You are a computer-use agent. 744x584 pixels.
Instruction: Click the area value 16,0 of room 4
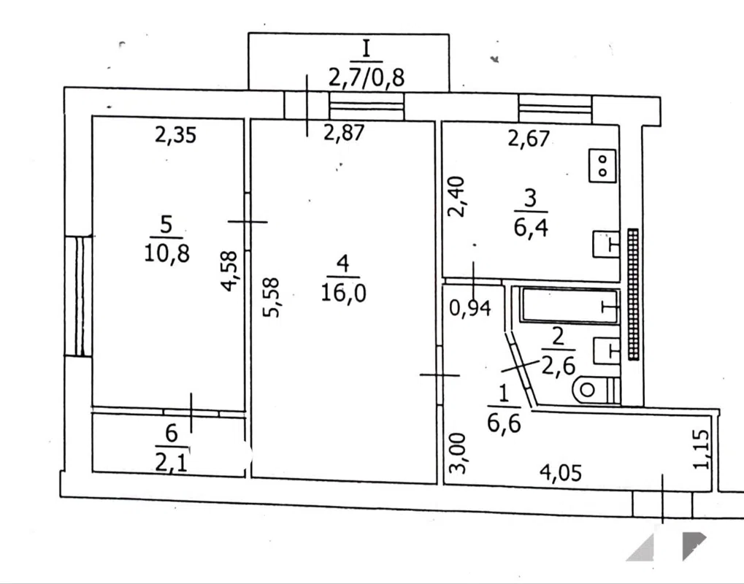click(x=344, y=293)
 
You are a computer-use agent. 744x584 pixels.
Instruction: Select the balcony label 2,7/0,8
click(x=366, y=76)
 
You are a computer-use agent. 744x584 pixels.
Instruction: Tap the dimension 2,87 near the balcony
click(x=344, y=132)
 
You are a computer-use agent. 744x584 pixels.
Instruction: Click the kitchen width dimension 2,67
click(x=529, y=138)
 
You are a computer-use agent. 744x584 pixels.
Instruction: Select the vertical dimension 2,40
click(x=459, y=196)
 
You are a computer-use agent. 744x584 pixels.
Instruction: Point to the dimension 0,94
click(x=470, y=308)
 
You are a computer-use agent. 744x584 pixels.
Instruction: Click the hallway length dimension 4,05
click(x=561, y=473)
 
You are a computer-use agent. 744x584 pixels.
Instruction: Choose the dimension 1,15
click(x=702, y=449)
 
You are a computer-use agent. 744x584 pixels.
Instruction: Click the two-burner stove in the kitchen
click(x=602, y=166)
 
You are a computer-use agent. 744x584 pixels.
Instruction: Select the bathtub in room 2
click(x=569, y=306)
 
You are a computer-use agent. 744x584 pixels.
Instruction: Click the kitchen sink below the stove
click(x=607, y=245)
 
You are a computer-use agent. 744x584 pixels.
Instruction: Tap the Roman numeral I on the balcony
click(x=366, y=49)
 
